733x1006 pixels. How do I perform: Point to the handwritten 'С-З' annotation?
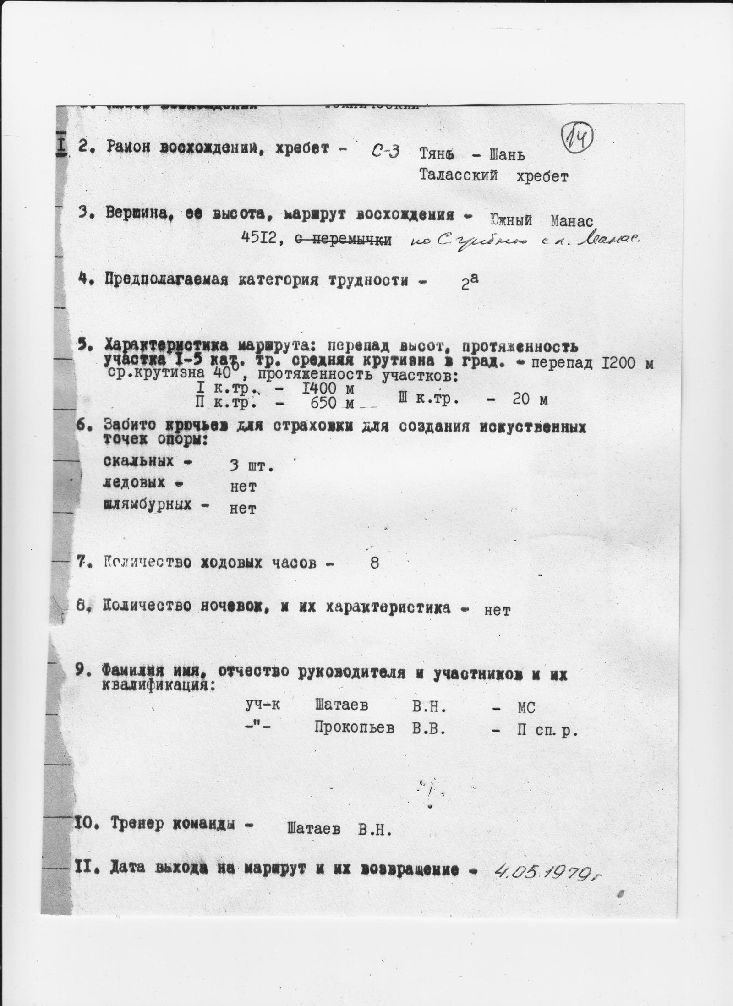point(383,152)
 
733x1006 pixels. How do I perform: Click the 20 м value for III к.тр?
point(530,400)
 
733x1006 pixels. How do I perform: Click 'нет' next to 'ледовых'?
point(242,487)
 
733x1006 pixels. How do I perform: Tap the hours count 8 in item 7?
point(374,563)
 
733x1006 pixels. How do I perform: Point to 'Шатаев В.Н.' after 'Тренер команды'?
point(339,828)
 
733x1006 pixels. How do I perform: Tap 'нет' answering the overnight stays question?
point(497,610)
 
